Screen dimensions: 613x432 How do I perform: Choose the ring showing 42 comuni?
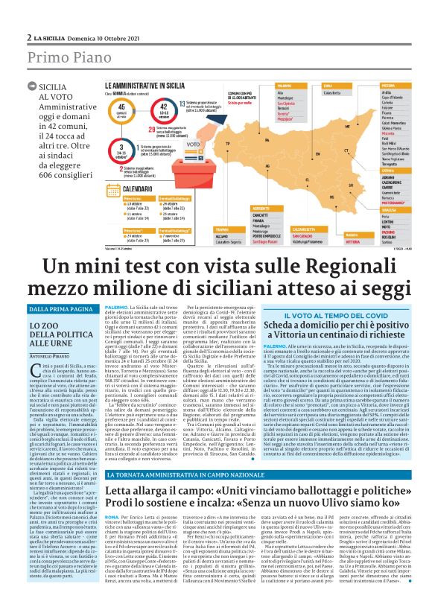click(x=163, y=110)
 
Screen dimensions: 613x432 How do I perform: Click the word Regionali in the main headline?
click(x=316, y=267)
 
